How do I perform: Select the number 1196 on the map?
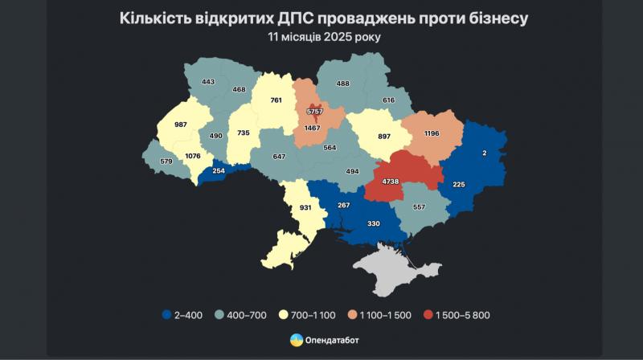pyautogui.click(x=432, y=133)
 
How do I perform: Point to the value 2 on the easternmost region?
pyautogui.click(x=483, y=152)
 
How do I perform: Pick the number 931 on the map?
pyautogui.click(x=305, y=208)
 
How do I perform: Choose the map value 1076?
pyautogui.click(x=193, y=156)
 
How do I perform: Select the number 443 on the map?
pyautogui.click(x=208, y=81)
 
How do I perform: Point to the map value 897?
pyautogui.click(x=384, y=136)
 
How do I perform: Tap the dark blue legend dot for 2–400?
pyautogui.click(x=166, y=314)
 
